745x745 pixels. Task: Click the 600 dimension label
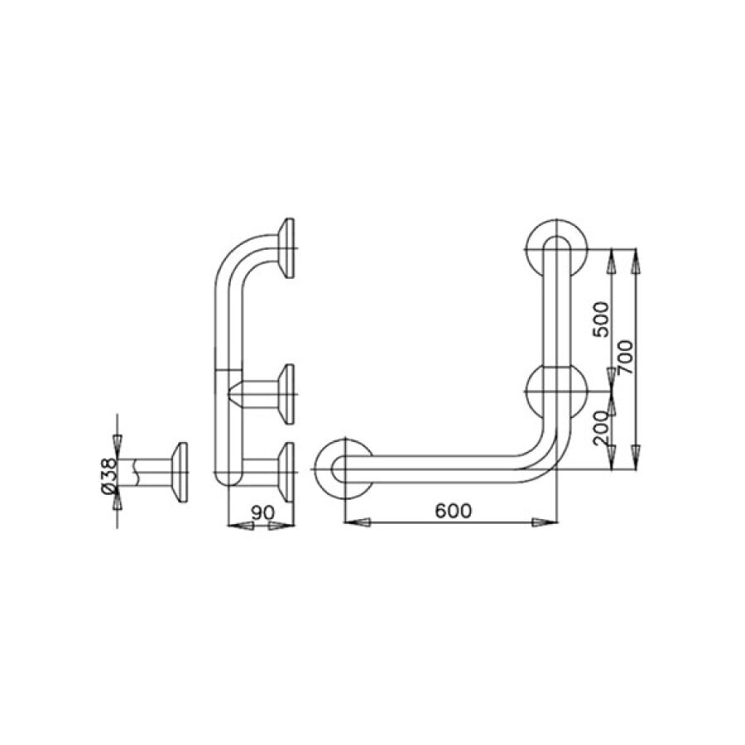[x=451, y=512]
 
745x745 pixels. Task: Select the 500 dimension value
[x=602, y=318]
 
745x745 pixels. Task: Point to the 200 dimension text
[x=602, y=428]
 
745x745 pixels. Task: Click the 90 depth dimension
[x=262, y=513]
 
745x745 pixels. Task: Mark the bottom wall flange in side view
[x=288, y=469]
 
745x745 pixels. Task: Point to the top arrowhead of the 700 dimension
[x=635, y=261]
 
